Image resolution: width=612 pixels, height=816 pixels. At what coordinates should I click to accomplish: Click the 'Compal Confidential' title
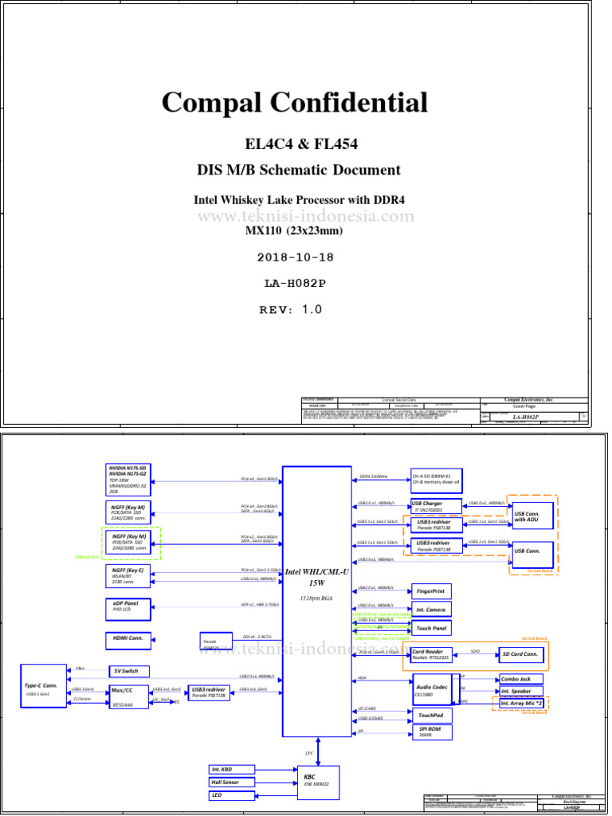click(x=295, y=103)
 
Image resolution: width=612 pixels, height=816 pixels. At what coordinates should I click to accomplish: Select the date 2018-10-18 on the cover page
click(x=296, y=257)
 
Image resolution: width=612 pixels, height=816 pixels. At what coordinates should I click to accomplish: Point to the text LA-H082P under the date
click(x=296, y=283)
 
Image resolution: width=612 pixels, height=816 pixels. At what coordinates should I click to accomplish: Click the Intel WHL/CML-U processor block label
click(x=316, y=578)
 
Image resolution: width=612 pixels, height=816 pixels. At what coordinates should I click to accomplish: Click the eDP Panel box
click(x=128, y=608)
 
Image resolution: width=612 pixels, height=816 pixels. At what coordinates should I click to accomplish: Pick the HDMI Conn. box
click(x=128, y=639)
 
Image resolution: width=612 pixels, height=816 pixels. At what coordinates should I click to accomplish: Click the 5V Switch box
click(x=128, y=671)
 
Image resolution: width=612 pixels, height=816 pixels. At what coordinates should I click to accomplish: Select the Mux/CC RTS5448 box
click(x=128, y=695)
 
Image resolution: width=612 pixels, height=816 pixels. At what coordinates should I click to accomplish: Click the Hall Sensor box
click(x=231, y=783)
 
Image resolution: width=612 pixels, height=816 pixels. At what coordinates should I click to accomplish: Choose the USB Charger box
click(x=436, y=506)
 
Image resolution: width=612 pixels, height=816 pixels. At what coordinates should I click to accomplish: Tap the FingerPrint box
click(x=431, y=591)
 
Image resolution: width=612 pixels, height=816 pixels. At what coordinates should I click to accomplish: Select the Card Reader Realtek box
click(x=432, y=654)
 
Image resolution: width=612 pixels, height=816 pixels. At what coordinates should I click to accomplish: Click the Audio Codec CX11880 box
click(x=432, y=690)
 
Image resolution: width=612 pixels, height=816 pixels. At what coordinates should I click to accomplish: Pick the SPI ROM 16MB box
click(x=431, y=732)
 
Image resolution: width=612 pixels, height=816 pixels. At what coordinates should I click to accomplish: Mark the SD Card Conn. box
click(x=523, y=654)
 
